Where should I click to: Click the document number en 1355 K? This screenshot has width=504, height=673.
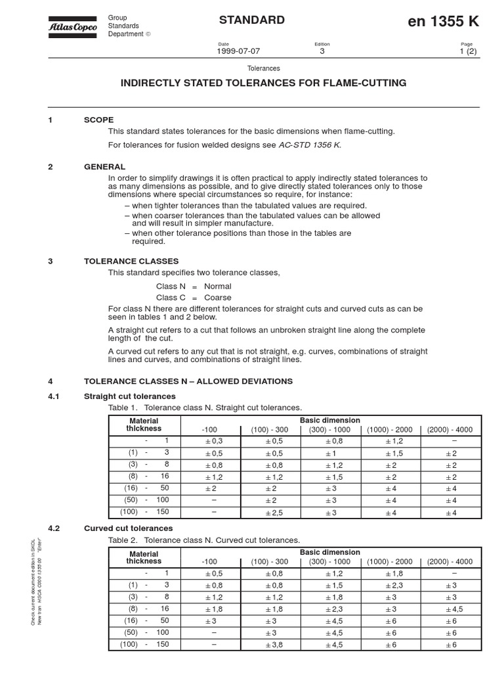pos(443,22)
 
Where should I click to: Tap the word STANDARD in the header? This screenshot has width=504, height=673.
pos(252,20)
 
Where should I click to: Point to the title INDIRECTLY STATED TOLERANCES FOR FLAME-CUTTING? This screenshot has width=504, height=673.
pos(262,83)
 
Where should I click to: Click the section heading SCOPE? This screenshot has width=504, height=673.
pos(98,120)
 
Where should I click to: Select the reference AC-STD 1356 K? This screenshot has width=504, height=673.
pos(309,145)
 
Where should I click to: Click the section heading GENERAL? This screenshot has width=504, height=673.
pos(104,167)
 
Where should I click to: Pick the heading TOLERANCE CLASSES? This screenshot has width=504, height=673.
pos(131,261)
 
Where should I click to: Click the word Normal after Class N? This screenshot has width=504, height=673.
pos(217,287)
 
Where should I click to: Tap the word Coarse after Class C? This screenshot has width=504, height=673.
pos(218,298)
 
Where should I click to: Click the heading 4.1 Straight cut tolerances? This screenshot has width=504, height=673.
pos(130,396)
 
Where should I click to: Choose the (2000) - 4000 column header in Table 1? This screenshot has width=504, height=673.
pos(449,430)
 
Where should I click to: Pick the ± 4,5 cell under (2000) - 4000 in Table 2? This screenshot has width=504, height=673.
pos(449,609)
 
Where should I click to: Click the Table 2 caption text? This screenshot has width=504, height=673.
pos(205,540)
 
